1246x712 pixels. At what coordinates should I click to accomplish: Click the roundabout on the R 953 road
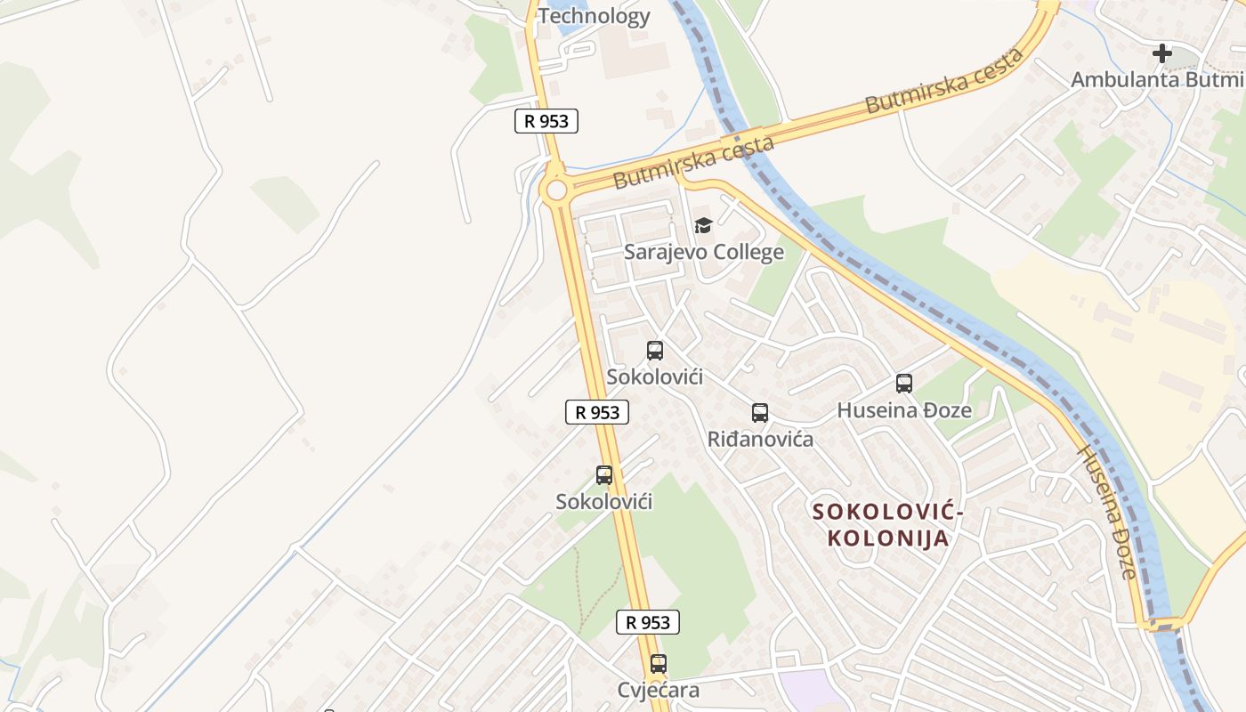[556, 190]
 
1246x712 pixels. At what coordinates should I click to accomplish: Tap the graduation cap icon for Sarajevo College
[703, 225]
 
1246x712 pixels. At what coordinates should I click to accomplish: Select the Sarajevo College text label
[703, 252]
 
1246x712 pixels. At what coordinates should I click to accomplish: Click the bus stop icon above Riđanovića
[759, 413]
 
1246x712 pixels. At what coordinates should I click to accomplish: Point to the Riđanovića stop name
[759, 439]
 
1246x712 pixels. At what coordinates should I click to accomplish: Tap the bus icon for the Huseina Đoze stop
[904, 384]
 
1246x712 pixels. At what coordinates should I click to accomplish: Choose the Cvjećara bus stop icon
[658, 664]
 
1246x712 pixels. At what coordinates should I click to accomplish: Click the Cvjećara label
[658, 690]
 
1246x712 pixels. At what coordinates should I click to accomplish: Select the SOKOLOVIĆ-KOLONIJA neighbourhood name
[887, 525]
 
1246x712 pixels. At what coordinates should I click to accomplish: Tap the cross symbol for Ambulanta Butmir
[1161, 53]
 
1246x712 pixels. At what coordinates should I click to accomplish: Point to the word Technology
[594, 16]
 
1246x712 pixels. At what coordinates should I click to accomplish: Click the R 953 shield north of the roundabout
[546, 121]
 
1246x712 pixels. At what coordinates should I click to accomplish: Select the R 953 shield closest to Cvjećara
[648, 622]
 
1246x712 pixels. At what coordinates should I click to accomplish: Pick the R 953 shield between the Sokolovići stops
[597, 412]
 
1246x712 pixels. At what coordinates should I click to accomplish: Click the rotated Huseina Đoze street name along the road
[1106, 512]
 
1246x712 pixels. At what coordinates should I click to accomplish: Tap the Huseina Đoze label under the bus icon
[904, 410]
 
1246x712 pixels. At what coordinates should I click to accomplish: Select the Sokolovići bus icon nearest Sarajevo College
[655, 351]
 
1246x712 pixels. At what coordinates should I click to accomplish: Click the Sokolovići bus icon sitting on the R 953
[604, 475]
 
